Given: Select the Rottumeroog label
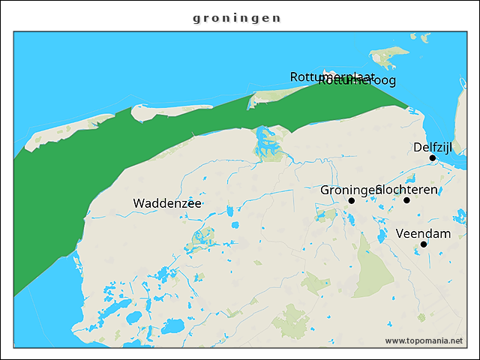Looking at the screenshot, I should click(x=357, y=81).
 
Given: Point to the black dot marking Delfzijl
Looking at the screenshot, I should click(x=433, y=158).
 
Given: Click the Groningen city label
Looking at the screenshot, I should click(x=346, y=190).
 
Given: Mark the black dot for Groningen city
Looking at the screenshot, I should click(x=351, y=200).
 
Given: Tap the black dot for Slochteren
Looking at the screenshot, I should click(x=406, y=200).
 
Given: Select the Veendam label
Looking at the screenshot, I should click(x=423, y=233).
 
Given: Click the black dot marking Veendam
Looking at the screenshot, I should click(x=424, y=244).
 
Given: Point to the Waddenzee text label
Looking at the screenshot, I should click(x=167, y=203).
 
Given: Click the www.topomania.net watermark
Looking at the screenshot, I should click(x=424, y=340).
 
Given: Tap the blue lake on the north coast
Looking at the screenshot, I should click(x=265, y=140).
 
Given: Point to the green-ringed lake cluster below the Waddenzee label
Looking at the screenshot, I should click(x=200, y=239).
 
